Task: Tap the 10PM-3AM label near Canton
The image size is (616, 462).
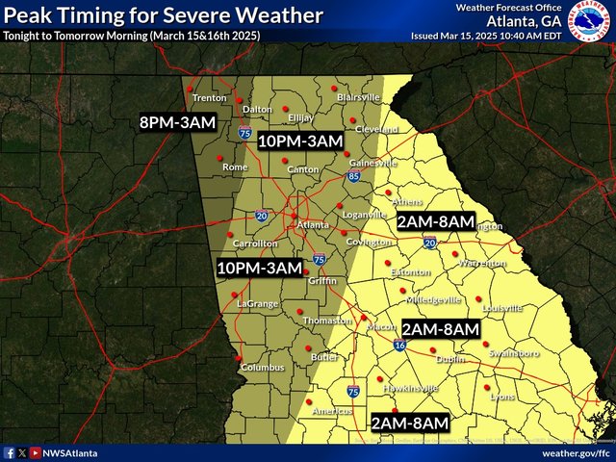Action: pyautogui.click(x=301, y=141)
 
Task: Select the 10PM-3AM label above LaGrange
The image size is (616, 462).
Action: pyautogui.click(x=260, y=268)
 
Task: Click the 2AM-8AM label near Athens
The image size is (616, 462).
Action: pyautogui.click(x=436, y=221)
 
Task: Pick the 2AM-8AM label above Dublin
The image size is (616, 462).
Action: pyautogui.click(x=440, y=329)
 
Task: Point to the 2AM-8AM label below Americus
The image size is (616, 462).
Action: pyautogui.click(x=410, y=423)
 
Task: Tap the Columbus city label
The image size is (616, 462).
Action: pyautogui.click(x=263, y=368)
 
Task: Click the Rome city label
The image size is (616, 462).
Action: pyautogui.click(x=235, y=167)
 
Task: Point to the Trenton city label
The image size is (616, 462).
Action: pyautogui.click(x=210, y=98)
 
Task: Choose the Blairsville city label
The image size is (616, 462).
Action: pyautogui.click(x=358, y=98)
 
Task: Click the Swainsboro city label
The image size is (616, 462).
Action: pyautogui.click(x=514, y=353)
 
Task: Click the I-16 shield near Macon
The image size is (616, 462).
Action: pyautogui.click(x=400, y=344)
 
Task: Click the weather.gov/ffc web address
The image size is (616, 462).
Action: pyautogui.click(x=575, y=452)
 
